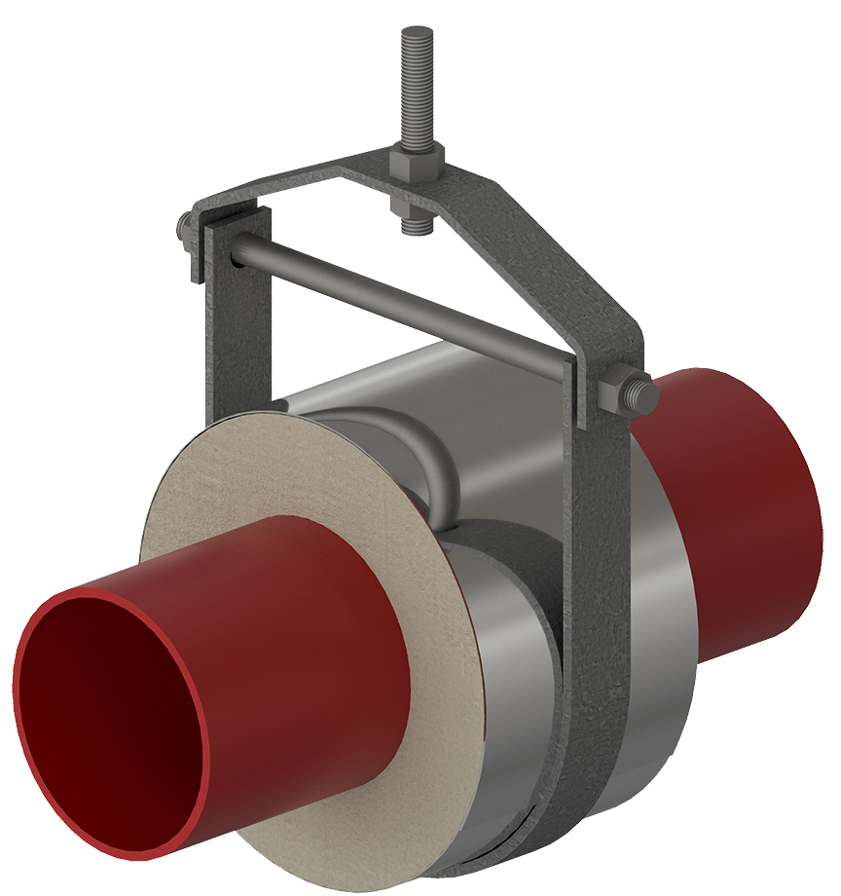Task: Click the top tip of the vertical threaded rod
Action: click(x=413, y=32)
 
